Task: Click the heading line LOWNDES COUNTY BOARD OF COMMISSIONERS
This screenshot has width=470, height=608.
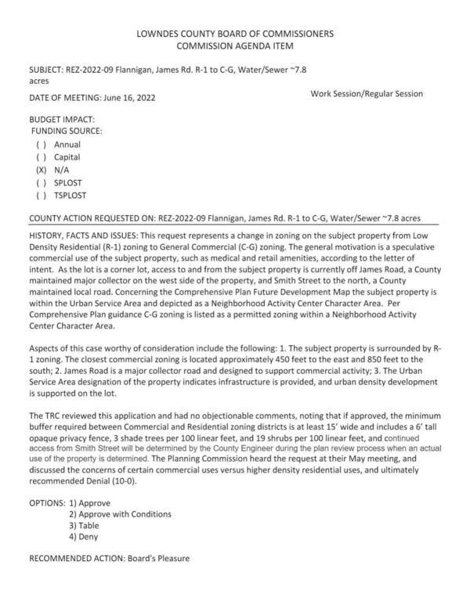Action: coord(235,34)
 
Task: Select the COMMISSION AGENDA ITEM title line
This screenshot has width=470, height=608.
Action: coord(235,46)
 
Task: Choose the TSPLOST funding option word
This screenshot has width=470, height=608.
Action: coord(72,195)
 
